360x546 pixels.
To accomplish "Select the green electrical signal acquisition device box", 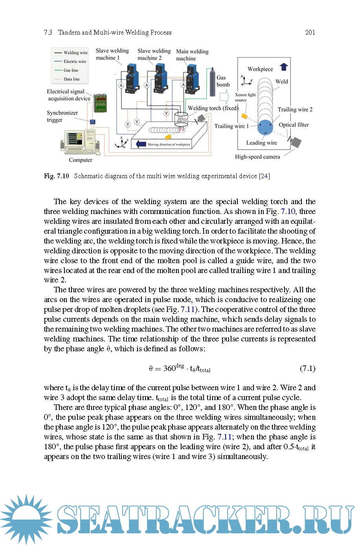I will (x=100, y=103).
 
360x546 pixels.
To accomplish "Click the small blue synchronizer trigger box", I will (x=93, y=122).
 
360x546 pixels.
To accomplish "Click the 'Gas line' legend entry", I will (x=71, y=70).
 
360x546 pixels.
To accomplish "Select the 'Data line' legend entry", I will (x=71, y=79).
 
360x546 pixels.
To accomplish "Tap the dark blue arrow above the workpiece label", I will (x=284, y=67).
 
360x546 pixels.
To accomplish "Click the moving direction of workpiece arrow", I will (x=140, y=144).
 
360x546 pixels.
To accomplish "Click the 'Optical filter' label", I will (x=294, y=125).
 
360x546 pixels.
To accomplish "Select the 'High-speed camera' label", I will (x=257, y=157).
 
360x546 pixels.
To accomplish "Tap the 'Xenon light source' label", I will (x=245, y=97).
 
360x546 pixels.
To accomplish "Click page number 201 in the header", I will (x=310, y=33).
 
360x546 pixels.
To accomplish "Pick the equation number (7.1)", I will (x=307, y=369).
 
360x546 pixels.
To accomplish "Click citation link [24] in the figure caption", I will (x=264, y=176).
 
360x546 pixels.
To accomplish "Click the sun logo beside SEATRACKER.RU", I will (x=26, y=519).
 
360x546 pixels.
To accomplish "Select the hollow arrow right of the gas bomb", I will (x=224, y=96).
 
